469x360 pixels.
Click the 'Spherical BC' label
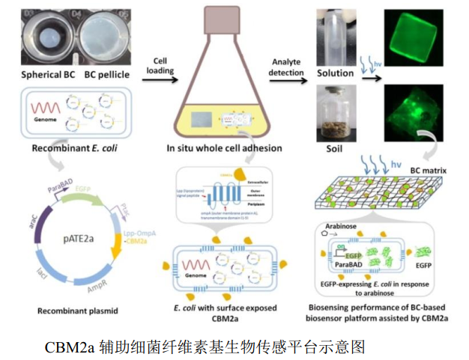tap(46, 74)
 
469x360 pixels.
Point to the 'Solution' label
tap(335, 73)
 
